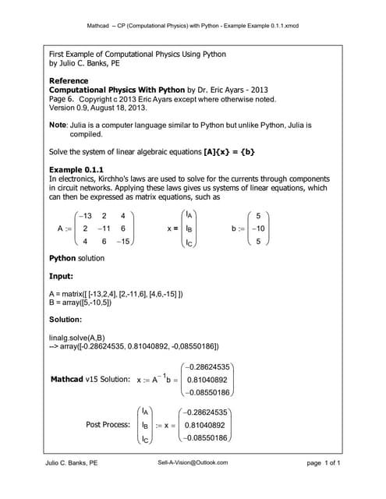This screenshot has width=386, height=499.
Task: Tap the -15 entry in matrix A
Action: click(123, 242)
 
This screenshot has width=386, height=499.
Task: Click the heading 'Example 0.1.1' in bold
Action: click(76, 169)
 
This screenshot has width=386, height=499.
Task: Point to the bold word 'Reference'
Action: click(69, 81)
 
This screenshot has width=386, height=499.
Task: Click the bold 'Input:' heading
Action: click(62, 276)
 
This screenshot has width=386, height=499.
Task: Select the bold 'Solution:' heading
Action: click(67, 320)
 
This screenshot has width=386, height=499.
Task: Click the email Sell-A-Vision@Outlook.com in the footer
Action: click(193, 462)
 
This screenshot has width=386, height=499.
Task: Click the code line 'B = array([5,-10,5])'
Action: click(90, 302)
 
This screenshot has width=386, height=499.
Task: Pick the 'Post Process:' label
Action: click(108, 425)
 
